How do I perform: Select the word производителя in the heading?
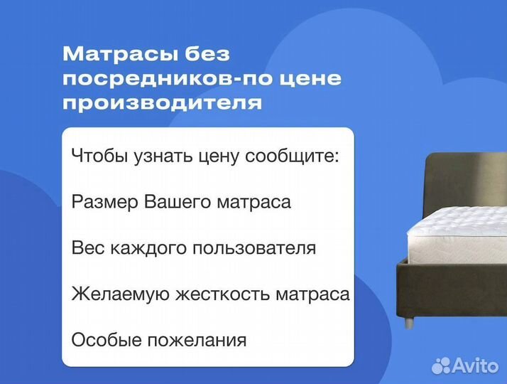[163, 104]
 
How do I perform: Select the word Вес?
[87, 248]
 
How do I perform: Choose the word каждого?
[134, 248]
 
